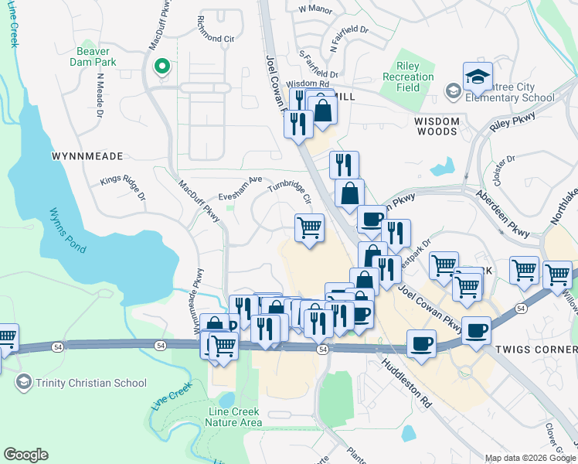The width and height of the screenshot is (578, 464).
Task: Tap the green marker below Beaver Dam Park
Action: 161,67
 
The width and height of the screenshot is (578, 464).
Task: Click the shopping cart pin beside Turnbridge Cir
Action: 309,228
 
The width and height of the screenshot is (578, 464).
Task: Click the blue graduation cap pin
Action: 478,77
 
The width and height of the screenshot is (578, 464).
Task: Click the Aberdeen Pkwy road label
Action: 501,205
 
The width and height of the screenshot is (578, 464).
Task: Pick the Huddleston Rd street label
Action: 406,384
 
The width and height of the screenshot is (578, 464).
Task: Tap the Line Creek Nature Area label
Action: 234,417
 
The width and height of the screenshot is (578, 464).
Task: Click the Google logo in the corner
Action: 26,455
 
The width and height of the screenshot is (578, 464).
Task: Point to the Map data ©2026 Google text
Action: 530,458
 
